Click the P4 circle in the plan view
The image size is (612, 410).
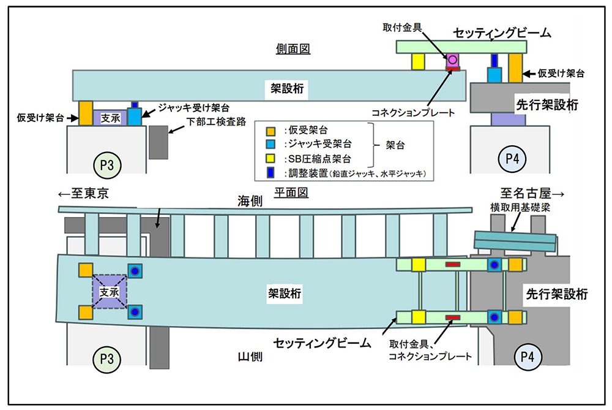[527, 355]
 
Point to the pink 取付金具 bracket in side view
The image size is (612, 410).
[453, 60]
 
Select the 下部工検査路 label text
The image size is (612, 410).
[211, 123]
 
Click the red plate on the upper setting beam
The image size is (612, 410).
[453, 265]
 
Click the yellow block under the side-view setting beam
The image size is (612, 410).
[418, 61]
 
